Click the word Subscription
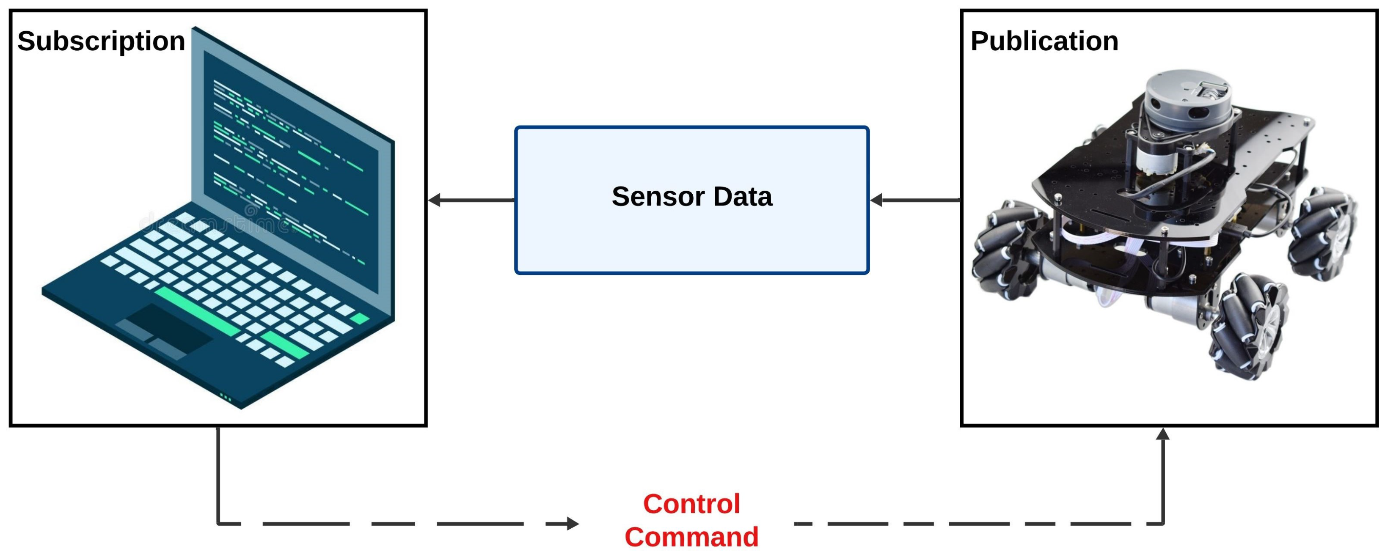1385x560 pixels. coord(101,41)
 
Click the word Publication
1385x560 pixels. coord(1044,41)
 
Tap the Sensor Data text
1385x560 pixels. coord(691,197)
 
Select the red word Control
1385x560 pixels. coord(691,504)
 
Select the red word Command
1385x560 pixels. coord(691,537)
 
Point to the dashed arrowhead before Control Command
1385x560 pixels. coord(573,524)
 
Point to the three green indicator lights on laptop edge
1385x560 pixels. coord(226,399)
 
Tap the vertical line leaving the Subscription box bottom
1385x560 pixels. coord(218,473)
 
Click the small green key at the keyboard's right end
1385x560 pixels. coord(359,318)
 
